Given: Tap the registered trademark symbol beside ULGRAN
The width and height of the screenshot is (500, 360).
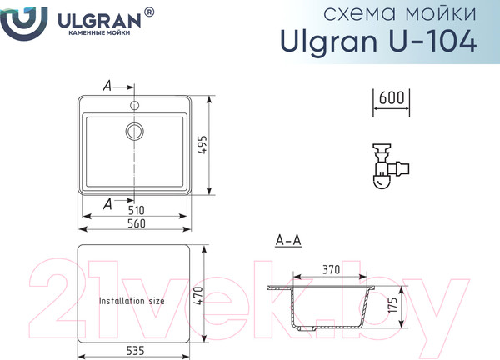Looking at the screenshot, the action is point(149,12).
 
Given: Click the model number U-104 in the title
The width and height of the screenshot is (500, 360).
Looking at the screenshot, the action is point(432,42).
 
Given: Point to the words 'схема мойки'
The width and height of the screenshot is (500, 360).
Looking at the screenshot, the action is point(400,13).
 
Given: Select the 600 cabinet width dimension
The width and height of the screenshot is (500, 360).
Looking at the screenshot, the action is point(392,97).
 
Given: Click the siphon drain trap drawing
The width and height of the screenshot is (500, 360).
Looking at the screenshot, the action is point(391,166).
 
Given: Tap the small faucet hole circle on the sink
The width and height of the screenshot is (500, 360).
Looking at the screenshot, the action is point(134,105).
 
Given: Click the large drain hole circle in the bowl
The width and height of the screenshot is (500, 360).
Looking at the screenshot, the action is point(134,131).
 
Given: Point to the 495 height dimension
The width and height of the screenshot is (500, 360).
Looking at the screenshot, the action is point(202,145).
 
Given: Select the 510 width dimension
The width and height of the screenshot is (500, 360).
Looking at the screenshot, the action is point(137,210).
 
